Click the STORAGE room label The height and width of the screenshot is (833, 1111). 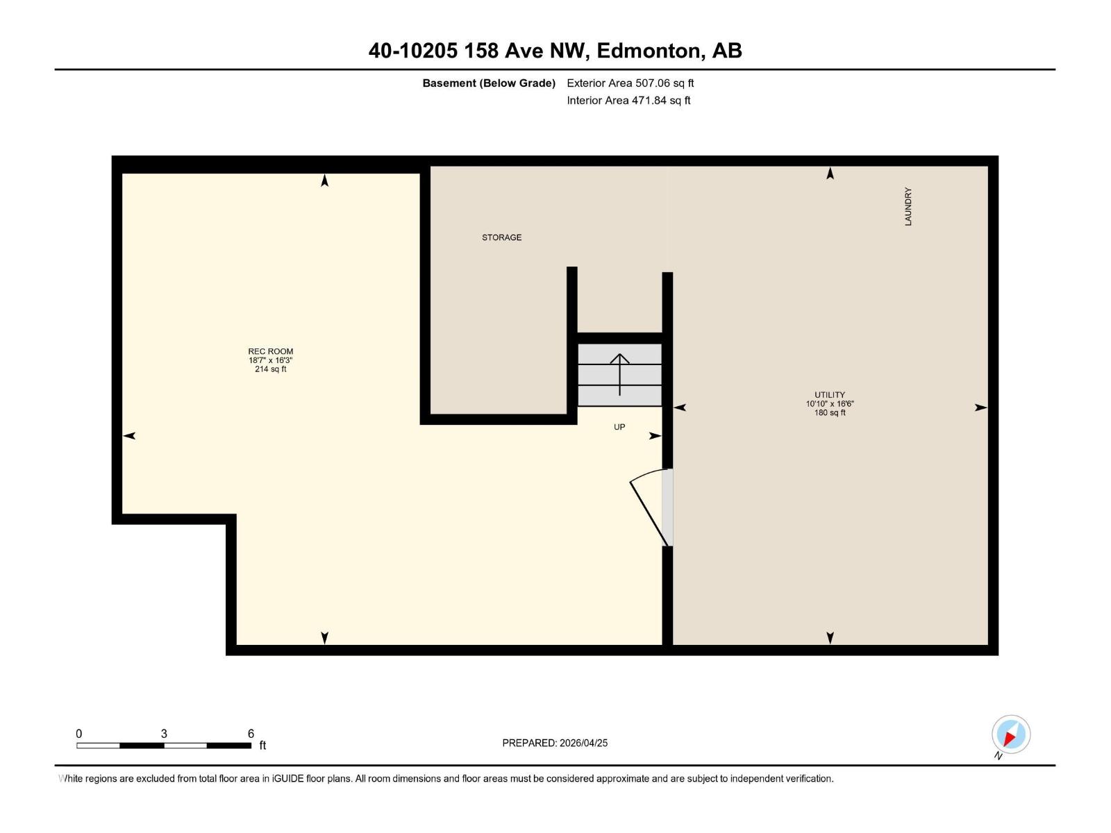[x=501, y=237]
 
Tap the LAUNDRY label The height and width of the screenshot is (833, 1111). [x=908, y=206]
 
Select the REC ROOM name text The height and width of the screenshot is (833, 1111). [x=270, y=351]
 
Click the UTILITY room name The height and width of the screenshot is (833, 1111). [x=830, y=394]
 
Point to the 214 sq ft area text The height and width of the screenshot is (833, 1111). [x=270, y=369]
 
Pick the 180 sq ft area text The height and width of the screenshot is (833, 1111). [x=830, y=413]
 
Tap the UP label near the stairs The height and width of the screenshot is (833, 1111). [x=619, y=427]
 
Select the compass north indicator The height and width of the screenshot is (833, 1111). [x=1011, y=735]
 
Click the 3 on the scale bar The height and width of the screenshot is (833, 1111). [x=164, y=734]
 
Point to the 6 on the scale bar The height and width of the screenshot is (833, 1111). [x=251, y=734]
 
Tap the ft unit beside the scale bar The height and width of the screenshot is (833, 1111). [x=262, y=746]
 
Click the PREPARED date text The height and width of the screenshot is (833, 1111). [x=555, y=743]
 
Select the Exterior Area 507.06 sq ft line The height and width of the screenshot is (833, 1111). [x=630, y=83]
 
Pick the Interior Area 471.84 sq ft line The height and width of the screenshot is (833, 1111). [x=628, y=101]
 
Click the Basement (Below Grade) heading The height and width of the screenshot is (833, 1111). [x=489, y=83]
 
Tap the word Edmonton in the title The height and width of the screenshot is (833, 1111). [x=647, y=51]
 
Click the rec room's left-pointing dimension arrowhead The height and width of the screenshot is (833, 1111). [x=129, y=436]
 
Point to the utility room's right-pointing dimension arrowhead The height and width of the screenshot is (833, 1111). [x=980, y=407]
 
